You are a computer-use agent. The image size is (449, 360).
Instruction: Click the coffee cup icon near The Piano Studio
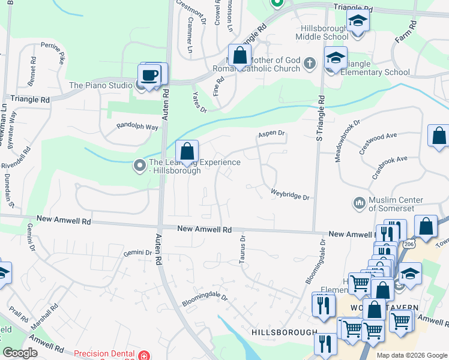point(149,76)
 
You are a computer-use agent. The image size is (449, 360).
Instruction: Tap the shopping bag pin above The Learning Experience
point(187,150)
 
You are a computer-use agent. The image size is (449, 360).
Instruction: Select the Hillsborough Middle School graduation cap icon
point(358,22)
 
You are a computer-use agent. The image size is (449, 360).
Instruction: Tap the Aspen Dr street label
point(271,133)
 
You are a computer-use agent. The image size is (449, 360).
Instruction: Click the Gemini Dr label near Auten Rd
point(138,253)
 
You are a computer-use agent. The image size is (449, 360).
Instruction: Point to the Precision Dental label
point(106,355)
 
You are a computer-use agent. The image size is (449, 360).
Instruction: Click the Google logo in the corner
point(20,353)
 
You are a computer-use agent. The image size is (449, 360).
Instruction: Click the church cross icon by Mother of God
point(309,64)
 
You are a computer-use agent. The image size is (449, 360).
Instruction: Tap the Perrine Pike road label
point(53,52)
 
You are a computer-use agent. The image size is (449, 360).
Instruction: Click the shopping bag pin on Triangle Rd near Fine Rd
point(239,56)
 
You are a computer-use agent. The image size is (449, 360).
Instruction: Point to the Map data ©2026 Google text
point(411,355)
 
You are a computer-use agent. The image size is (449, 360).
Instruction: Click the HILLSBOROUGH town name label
point(284,332)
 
